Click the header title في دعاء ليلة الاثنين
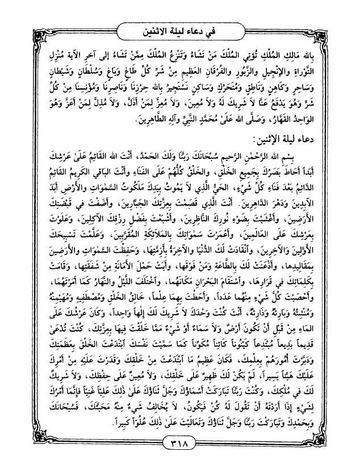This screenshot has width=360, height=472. (x=180, y=27)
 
